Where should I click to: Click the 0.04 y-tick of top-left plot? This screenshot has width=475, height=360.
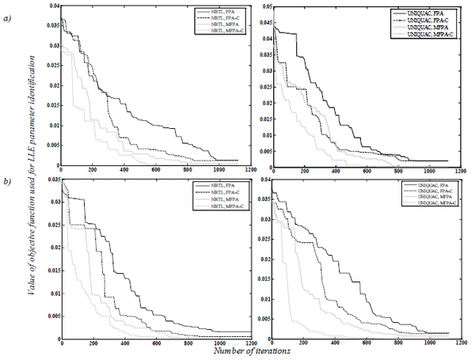(52, 6)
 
